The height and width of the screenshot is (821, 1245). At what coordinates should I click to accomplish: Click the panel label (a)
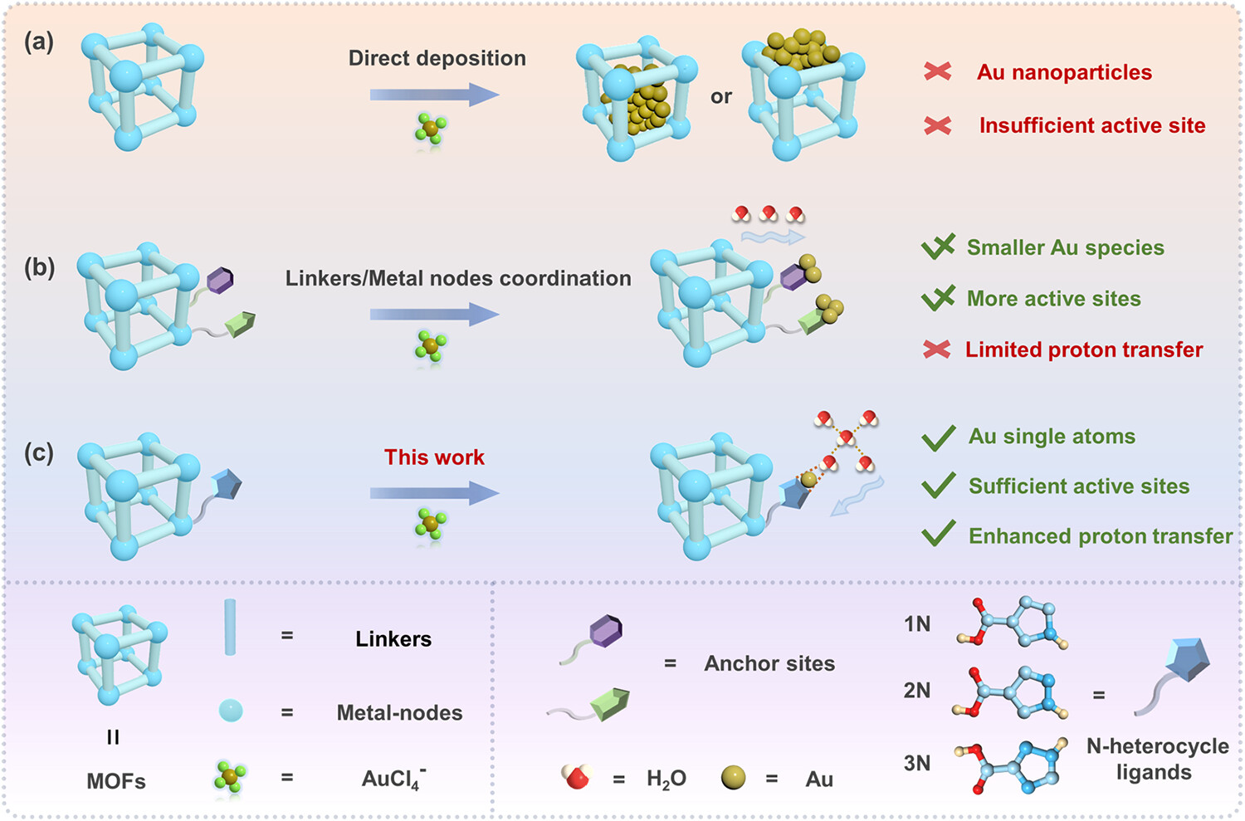coord(39,42)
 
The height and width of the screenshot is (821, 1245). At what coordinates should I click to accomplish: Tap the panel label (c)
coord(39,452)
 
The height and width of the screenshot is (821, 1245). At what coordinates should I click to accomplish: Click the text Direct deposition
coord(437,58)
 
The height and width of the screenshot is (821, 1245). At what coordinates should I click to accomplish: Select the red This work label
coord(434,457)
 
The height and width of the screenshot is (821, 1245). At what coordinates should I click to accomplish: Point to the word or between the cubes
coord(721,97)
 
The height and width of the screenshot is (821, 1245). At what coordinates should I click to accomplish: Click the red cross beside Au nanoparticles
coord(938,72)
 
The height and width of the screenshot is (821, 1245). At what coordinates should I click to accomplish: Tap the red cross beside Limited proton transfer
coord(937,349)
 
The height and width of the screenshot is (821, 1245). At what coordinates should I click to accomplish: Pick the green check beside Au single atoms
coord(939,437)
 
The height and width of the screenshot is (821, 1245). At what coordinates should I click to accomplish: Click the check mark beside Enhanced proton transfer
coord(939,535)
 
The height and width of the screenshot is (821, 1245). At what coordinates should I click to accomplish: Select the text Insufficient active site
coord(1091,125)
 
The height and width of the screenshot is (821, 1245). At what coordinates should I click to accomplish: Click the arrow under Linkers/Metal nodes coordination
coord(434,315)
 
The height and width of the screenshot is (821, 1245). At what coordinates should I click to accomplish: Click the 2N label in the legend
coord(917,691)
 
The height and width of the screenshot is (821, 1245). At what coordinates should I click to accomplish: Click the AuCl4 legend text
coord(393,779)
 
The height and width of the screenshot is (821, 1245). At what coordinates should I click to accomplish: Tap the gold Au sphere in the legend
coord(733,778)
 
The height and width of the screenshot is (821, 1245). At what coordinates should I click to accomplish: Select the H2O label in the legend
coord(666,779)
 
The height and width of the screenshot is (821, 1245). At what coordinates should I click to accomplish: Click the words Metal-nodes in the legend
coord(399,712)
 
